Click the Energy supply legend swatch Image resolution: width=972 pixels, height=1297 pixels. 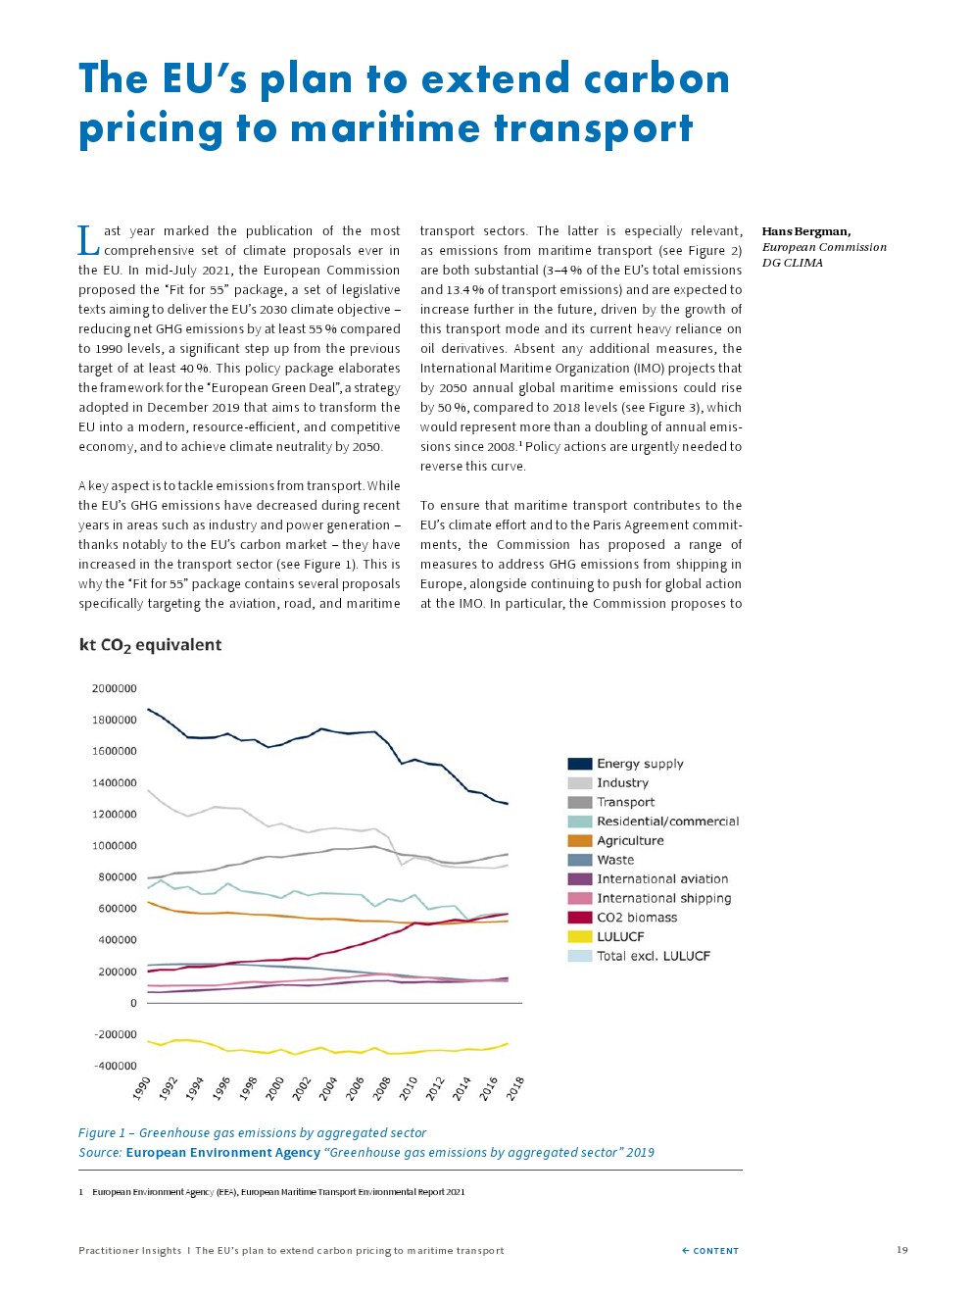[x=579, y=764]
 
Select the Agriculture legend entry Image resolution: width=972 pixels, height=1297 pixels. [x=630, y=841]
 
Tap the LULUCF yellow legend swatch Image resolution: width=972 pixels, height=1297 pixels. [x=579, y=937]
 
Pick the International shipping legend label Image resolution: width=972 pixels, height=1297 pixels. [x=663, y=898]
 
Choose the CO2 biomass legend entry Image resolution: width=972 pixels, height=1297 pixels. [x=637, y=918]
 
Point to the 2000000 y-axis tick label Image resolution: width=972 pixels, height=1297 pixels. [x=114, y=689]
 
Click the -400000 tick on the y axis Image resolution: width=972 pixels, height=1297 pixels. [x=116, y=1067]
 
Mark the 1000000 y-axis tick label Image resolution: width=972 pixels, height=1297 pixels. [x=114, y=846]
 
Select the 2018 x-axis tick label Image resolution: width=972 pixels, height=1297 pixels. [x=515, y=1088]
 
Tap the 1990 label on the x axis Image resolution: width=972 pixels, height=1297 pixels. [x=142, y=1088]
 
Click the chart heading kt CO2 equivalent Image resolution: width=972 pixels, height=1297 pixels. [x=150, y=645]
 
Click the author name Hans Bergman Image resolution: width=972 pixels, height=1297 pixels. [x=805, y=231]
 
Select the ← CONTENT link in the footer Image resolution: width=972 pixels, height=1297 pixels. [x=710, y=1251]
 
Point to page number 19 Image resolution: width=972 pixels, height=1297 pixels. [x=902, y=1250]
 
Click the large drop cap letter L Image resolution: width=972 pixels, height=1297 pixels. [x=88, y=240]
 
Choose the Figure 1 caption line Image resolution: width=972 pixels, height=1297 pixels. [x=252, y=1133]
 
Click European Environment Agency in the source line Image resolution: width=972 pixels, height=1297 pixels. [x=222, y=1153]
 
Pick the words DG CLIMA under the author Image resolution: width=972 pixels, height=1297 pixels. [x=792, y=263]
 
